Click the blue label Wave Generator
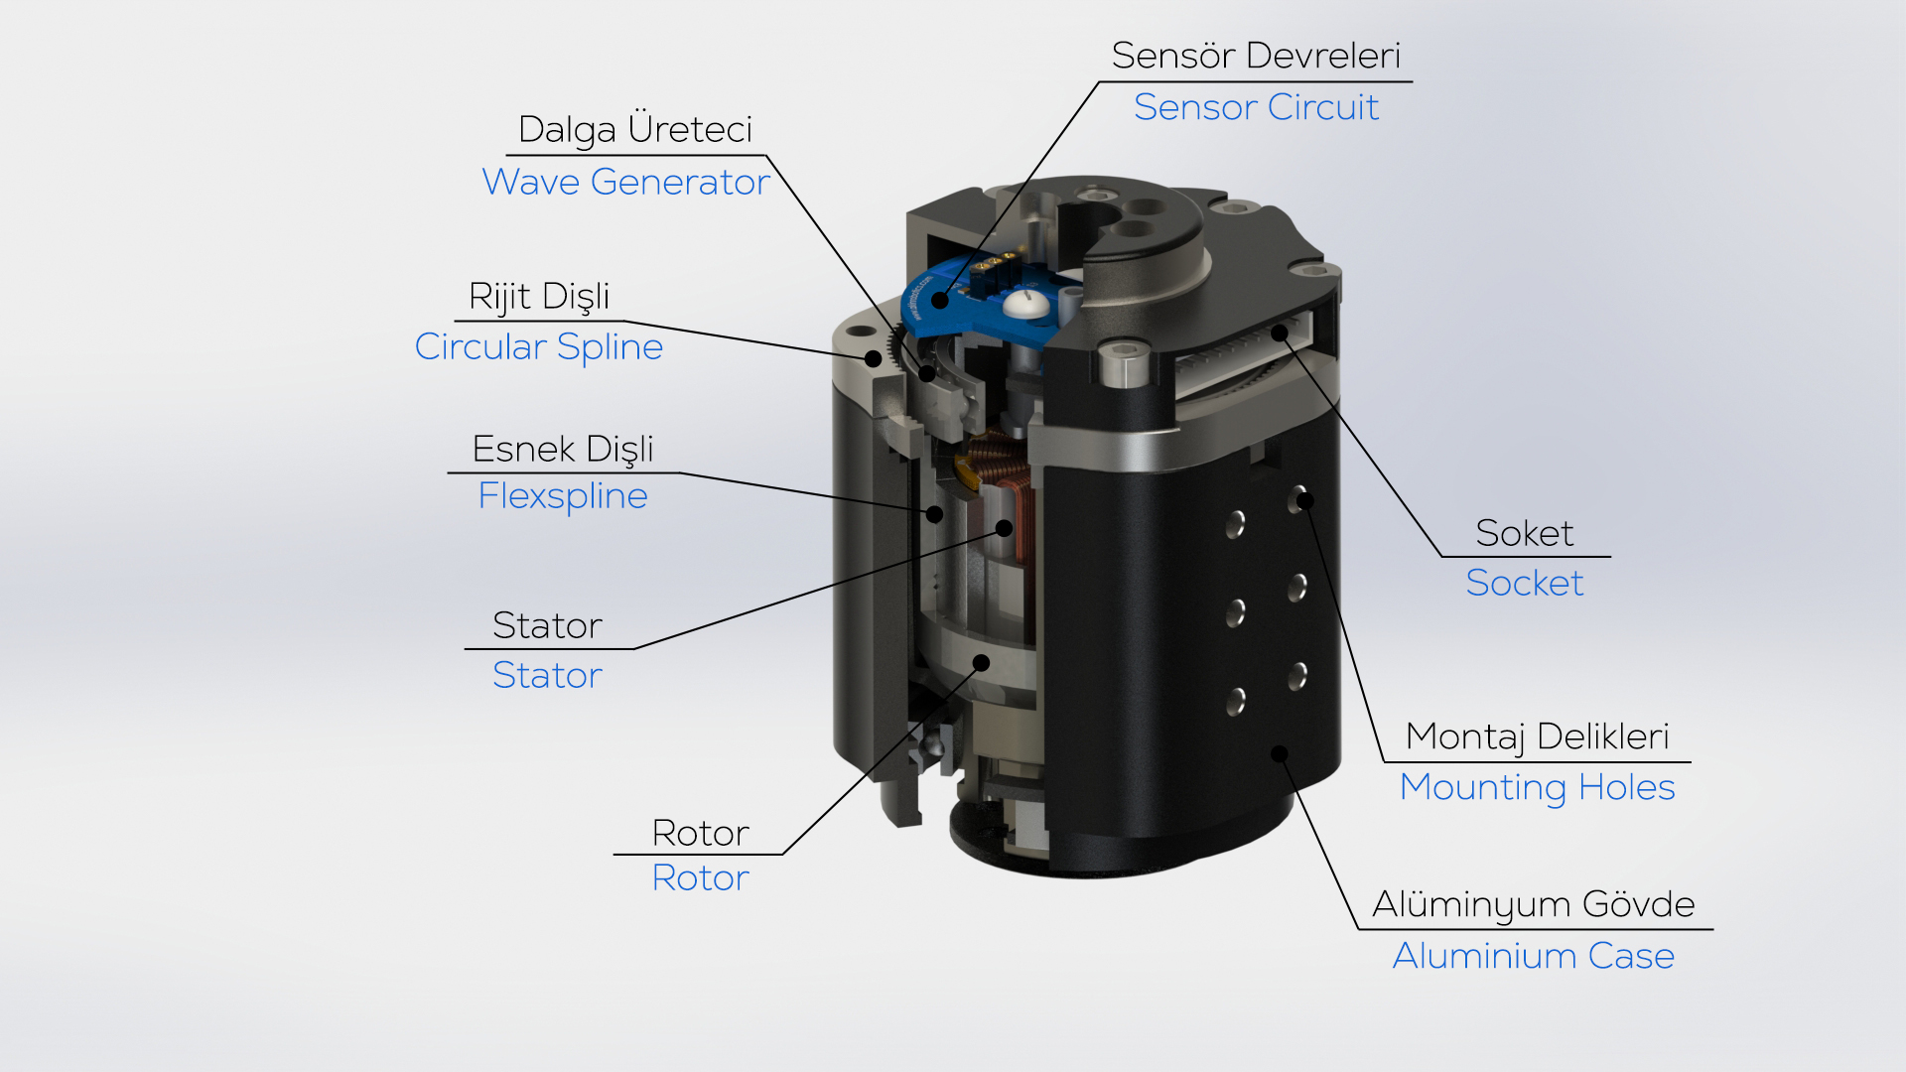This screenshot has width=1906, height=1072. coord(625,182)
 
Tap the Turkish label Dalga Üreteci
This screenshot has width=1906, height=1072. coord(635,129)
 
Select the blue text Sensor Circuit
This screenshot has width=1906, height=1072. coord(1256,107)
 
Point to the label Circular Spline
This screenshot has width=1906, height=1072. coord(539,346)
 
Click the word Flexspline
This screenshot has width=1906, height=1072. coord(563,495)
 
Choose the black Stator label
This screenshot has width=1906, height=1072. coord(547,625)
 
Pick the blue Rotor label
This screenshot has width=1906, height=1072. coord(700,877)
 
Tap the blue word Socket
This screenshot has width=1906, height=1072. coord(1525,583)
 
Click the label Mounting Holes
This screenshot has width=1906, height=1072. coord(1537,787)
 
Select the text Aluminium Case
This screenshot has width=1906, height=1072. coord(1534,956)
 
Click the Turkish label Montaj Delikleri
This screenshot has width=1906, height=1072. coord(1538,737)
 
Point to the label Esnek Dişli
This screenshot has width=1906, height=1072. coord(563,449)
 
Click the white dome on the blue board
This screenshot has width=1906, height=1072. coord(1023,304)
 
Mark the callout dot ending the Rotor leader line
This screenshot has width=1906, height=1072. coord(981,663)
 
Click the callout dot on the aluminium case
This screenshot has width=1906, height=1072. coord(1280,754)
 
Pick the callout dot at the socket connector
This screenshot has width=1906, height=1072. coord(1281,333)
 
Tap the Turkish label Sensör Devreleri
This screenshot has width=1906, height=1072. coord(1256,56)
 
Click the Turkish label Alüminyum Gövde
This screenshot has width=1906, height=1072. coord(1534,904)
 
